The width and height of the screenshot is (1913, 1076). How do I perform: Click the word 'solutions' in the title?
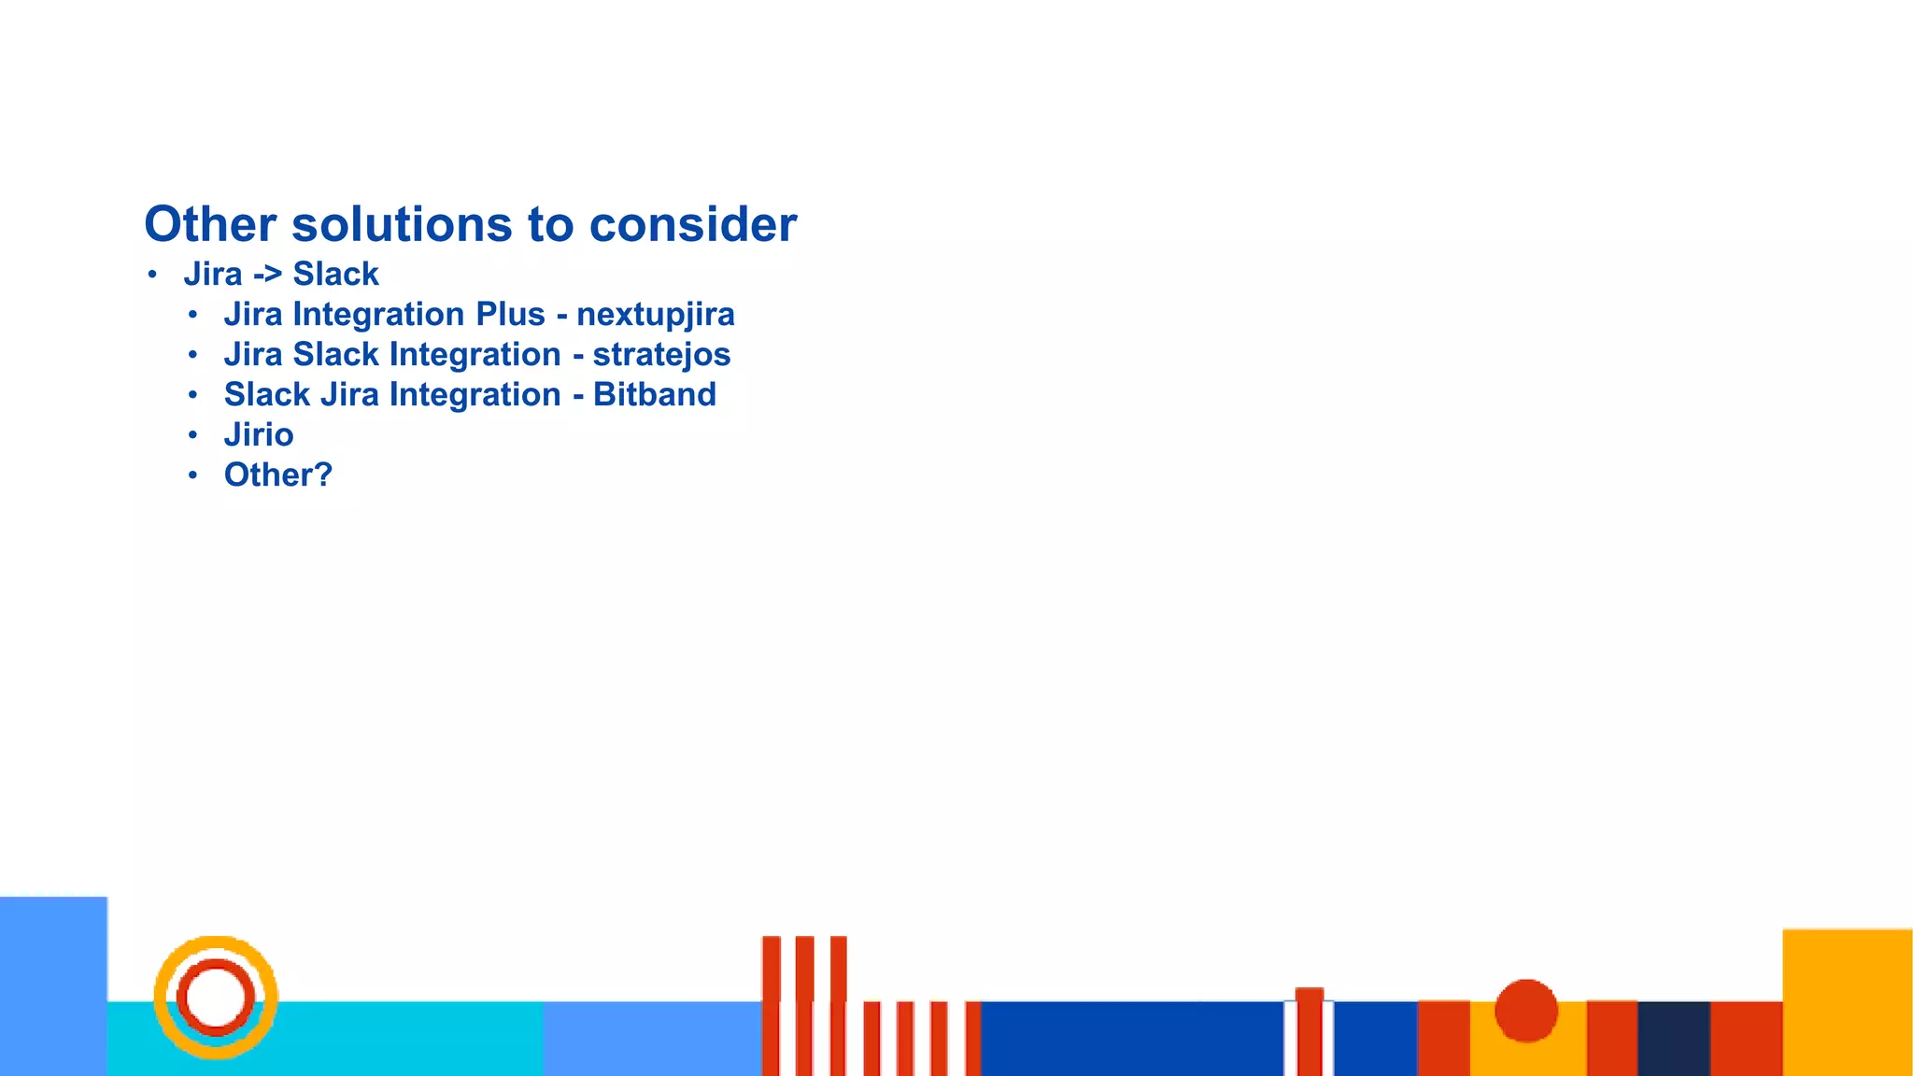point(402,224)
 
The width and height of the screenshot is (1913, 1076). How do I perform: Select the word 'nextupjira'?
point(655,315)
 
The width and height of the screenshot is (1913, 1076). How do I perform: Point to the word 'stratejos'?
point(661,355)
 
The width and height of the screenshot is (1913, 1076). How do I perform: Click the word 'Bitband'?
point(654,395)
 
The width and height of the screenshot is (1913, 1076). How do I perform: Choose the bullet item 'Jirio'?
point(259,435)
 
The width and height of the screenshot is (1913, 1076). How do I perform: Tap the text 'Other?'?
point(277,475)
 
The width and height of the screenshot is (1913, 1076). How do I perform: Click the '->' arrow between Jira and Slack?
point(267,275)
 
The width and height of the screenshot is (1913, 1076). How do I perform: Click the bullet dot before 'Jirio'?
point(192,435)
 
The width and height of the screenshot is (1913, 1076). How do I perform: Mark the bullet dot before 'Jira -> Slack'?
point(152,275)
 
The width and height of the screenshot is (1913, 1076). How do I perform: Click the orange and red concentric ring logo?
point(216,997)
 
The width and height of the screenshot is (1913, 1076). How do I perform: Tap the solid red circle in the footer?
point(1525,1010)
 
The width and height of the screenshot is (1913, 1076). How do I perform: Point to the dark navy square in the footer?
point(1673,1038)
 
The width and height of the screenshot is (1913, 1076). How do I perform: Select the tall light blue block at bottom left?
point(53,985)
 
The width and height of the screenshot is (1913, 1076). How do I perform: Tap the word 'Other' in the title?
point(210,224)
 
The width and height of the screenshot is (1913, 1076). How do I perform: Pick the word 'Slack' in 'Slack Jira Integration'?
point(266,395)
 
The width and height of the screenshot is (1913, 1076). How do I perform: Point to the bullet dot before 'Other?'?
point(192,475)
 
